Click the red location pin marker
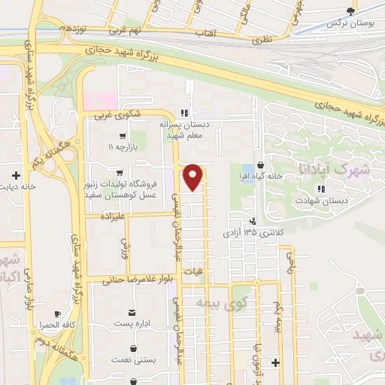194,177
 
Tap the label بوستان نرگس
350,23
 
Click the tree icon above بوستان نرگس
350,10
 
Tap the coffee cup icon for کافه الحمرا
57,314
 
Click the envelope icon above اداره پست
132,312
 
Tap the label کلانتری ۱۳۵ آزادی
253,234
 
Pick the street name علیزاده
111,216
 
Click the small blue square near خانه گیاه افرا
248,169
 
